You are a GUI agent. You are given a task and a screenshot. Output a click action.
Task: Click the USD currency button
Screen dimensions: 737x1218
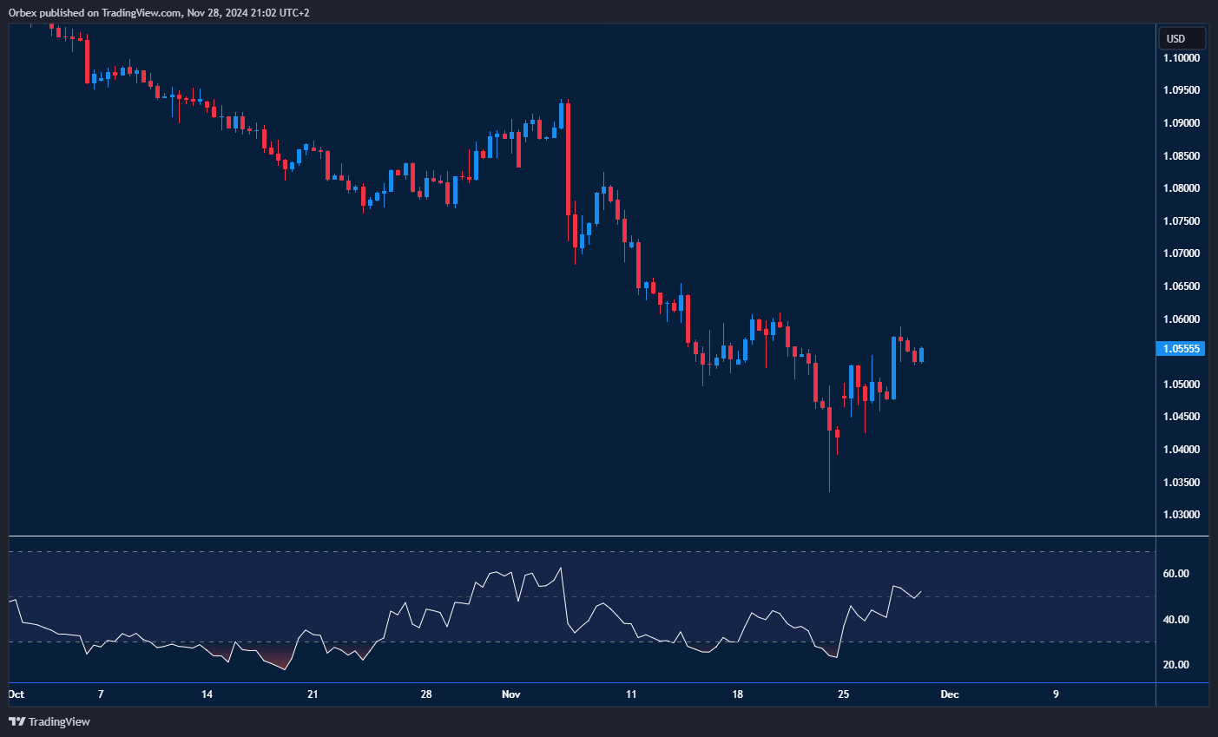pyautogui.click(x=1182, y=38)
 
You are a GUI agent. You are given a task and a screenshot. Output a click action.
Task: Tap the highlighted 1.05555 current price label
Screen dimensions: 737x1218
pyautogui.click(x=1182, y=349)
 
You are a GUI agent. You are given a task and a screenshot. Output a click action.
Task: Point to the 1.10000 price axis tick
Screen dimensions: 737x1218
pyautogui.click(x=1182, y=58)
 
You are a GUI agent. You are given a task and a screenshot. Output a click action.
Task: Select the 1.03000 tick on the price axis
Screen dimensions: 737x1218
pyautogui.click(x=1182, y=515)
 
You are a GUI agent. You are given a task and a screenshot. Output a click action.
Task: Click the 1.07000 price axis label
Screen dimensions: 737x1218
pyautogui.click(x=1182, y=253)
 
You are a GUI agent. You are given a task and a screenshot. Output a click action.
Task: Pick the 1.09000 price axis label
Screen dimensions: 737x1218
pyautogui.click(x=1182, y=123)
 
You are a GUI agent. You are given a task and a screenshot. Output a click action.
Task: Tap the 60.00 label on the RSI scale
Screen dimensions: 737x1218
pyautogui.click(x=1176, y=574)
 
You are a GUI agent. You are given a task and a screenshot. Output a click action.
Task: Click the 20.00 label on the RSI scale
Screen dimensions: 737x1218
pyautogui.click(x=1176, y=665)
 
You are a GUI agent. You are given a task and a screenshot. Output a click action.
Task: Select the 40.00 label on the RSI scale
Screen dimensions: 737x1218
pyautogui.click(x=1176, y=620)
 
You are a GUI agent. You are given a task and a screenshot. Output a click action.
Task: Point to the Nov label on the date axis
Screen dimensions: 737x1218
pyautogui.click(x=511, y=694)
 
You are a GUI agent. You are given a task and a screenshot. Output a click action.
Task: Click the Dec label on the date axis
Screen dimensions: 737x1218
pyautogui.click(x=950, y=694)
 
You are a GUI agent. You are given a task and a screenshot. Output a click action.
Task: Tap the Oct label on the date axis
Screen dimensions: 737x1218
pyautogui.click(x=16, y=694)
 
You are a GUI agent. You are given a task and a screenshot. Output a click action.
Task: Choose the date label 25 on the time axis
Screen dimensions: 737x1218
pyautogui.click(x=843, y=694)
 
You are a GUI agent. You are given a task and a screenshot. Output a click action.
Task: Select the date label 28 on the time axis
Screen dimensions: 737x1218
pyautogui.click(x=425, y=694)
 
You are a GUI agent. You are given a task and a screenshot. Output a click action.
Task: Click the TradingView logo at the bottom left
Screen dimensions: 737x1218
pyautogui.click(x=49, y=721)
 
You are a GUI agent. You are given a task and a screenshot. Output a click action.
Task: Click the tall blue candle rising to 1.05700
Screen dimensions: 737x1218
pyautogui.click(x=893, y=367)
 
